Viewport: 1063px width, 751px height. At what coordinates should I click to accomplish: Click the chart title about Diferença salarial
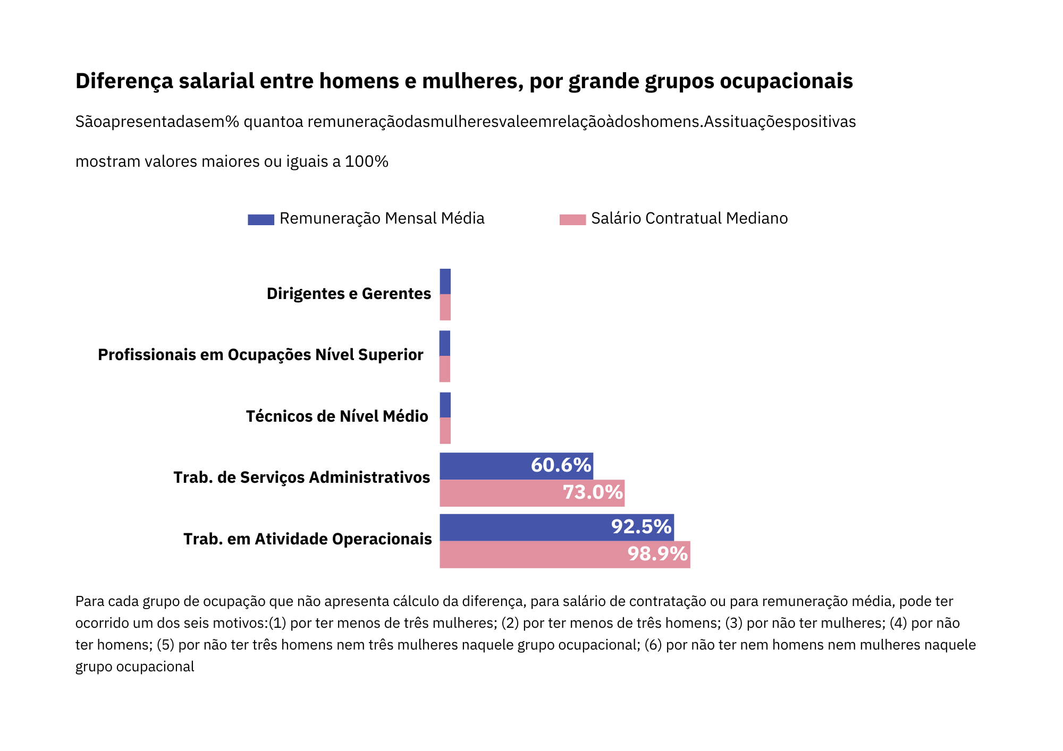[x=463, y=81]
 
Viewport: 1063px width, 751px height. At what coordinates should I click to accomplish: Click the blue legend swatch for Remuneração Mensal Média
[x=260, y=219]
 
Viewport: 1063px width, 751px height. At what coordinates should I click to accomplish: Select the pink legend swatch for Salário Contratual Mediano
[x=572, y=219]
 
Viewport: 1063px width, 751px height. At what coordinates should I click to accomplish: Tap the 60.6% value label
[x=561, y=465]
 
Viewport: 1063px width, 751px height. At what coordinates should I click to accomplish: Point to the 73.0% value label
[x=593, y=492]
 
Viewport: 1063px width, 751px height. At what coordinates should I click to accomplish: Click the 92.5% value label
[x=641, y=527]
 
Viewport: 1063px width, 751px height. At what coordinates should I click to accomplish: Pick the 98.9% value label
[x=657, y=554]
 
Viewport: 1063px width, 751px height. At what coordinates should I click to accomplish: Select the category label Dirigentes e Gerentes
[x=349, y=294]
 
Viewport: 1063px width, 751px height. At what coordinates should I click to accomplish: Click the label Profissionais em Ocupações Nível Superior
[x=260, y=355]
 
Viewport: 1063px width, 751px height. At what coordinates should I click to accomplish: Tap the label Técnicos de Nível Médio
[x=337, y=416]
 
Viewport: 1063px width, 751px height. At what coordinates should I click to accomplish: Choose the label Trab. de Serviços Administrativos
[x=301, y=477]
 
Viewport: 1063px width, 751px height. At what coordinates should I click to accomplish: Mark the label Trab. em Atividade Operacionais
[x=307, y=539]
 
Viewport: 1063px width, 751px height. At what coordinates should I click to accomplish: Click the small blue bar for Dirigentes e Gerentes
[x=445, y=281]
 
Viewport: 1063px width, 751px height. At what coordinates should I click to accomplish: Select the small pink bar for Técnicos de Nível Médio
[x=445, y=431]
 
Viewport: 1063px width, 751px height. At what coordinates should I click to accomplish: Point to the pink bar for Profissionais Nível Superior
[x=445, y=369]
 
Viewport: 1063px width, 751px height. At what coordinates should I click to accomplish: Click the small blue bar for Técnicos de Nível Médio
[x=445, y=405]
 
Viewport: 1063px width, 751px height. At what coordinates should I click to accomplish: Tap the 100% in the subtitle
[x=366, y=161]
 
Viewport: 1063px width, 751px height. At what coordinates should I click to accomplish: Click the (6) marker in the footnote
[x=653, y=645]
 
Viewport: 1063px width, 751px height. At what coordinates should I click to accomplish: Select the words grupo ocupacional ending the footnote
[x=134, y=667]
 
